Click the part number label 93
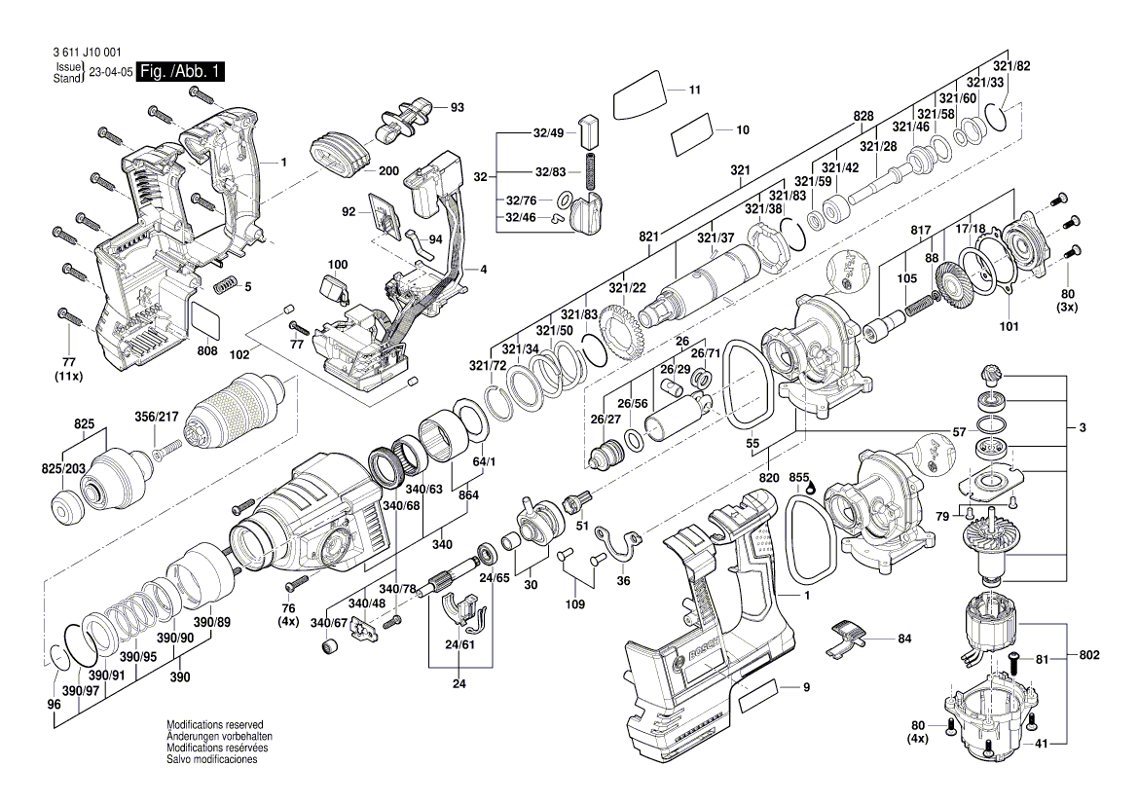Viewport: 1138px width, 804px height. [x=457, y=106]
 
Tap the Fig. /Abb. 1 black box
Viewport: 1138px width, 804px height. [x=181, y=72]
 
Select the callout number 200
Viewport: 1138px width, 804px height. [x=388, y=170]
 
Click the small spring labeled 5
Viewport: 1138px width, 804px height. [x=226, y=286]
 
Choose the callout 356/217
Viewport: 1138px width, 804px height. [x=156, y=418]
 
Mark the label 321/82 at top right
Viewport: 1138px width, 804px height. [x=1010, y=65]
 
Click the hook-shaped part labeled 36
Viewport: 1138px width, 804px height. [x=619, y=542]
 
